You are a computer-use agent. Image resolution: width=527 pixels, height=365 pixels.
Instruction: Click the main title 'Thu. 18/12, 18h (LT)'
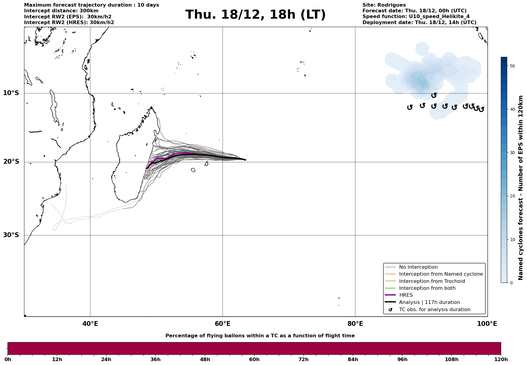click(255, 15)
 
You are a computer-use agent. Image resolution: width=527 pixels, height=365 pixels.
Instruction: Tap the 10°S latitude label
click(11, 93)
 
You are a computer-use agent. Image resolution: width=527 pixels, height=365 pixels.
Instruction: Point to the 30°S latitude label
click(11, 235)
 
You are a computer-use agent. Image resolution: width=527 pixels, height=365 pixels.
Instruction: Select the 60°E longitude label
click(223, 324)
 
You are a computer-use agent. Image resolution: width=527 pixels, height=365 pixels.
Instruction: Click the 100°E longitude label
click(487, 324)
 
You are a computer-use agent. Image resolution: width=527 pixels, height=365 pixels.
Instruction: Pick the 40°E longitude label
click(90, 324)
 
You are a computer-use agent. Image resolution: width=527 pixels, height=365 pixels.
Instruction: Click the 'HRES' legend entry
click(406, 295)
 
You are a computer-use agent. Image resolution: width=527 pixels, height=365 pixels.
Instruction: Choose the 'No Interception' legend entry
click(418, 267)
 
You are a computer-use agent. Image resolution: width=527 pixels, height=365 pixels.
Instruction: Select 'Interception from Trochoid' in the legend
click(432, 281)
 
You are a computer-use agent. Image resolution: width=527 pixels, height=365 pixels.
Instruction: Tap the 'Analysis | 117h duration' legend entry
click(429, 302)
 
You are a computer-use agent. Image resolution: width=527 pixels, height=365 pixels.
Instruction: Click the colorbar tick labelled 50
click(512, 66)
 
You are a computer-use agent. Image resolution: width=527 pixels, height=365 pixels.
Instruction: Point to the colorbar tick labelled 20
click(512, 196)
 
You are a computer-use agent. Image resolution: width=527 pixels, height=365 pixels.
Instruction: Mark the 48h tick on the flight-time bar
click(205, 359)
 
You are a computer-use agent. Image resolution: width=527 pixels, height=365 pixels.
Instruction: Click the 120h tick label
click(501, 359)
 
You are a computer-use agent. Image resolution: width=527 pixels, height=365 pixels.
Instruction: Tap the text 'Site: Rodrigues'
click(384, 5)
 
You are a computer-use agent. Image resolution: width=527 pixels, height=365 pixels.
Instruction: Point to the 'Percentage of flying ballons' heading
click(260, 336)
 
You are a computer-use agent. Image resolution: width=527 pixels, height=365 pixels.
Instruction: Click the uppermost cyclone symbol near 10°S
click(434, 95)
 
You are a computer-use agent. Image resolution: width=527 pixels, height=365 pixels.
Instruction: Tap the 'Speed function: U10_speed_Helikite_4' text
click(416, 17)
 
